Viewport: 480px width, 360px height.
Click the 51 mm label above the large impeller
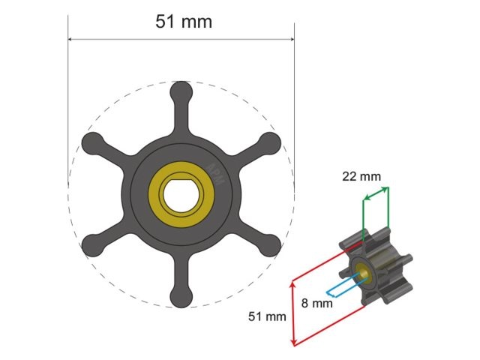(184, 22)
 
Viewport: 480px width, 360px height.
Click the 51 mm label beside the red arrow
(268, 316)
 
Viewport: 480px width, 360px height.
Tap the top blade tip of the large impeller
(181, 91)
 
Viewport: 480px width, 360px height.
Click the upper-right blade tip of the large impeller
(269, 142)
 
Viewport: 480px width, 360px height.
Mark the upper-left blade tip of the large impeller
(91, 142)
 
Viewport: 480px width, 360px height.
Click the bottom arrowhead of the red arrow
(292, 343)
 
